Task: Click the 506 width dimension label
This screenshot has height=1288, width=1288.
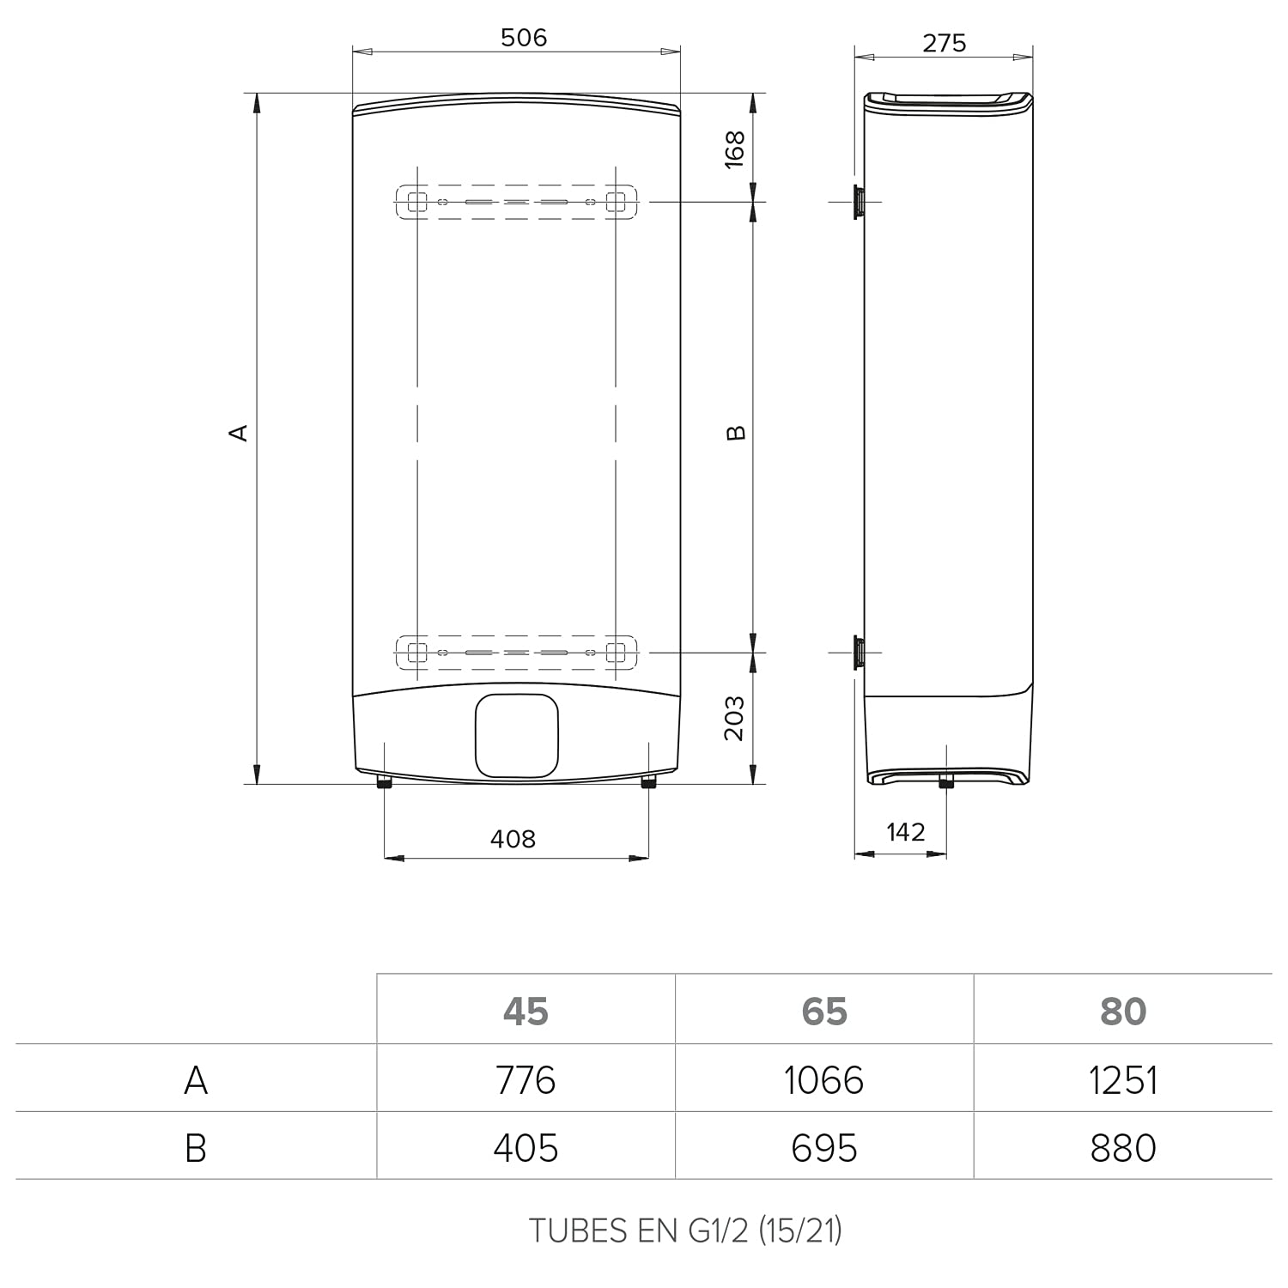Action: tap(524, 37)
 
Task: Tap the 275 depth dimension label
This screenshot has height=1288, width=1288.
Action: tap(945, 42)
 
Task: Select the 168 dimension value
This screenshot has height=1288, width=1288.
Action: tap(735, 149)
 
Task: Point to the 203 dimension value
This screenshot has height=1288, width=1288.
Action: tap(734, 718)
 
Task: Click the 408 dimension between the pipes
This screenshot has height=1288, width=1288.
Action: tap(513, 838)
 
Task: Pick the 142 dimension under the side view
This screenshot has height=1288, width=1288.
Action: tap(906, 831)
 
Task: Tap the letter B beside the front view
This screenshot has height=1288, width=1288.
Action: tap(736, 433)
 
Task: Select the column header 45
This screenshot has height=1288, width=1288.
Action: tap(526, 1012)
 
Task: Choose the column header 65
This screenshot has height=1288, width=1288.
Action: tap(824, 1012)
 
